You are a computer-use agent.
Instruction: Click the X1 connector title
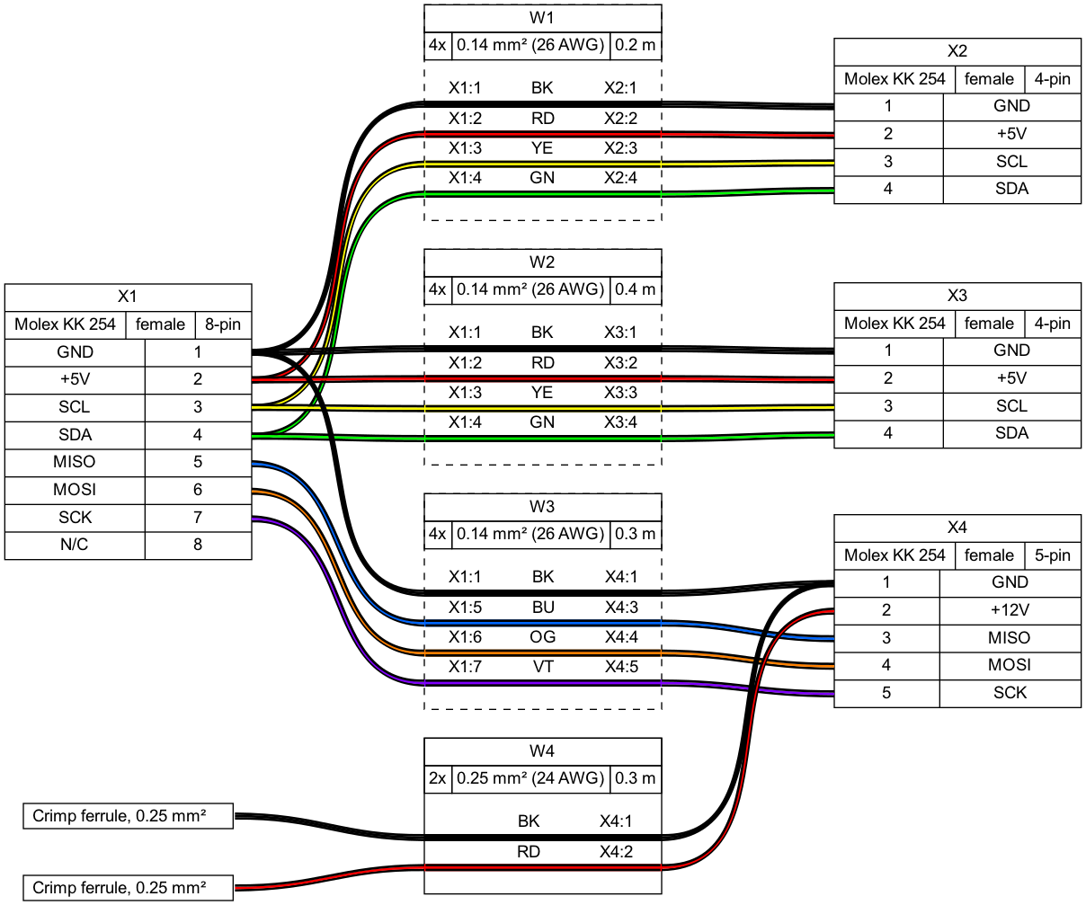[x=128, y=297]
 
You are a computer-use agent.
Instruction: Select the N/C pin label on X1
[x=75, y=545]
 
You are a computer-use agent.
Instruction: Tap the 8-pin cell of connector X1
[x=223, y=324]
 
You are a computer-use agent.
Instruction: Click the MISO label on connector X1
[x=75, y=462]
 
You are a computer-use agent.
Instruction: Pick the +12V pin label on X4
[x=1010, y=610]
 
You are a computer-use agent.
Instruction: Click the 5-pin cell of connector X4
[x=1052, y=555]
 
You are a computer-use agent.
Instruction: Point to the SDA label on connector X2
[x=1011, y=189]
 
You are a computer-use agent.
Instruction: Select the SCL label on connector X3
[x=1011, y=406]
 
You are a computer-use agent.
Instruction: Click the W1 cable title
[x=542, y=18]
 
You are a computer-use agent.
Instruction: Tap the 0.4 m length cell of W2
[x=635, y=289]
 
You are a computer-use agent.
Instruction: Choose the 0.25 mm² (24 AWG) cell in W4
[x=530, y=778]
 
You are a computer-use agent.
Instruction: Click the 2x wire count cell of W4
[x=437, y=778]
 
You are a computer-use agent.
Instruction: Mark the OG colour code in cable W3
[x=543, y=637]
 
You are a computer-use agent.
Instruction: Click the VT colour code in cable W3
[x=543, y=667]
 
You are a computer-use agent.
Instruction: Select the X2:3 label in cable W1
[x=620, y=148]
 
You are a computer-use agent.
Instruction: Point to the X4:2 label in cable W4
[x=616, y=851]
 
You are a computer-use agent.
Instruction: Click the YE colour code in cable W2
[x=542, y=393]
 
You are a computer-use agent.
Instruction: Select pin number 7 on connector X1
[x=198, y=518]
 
